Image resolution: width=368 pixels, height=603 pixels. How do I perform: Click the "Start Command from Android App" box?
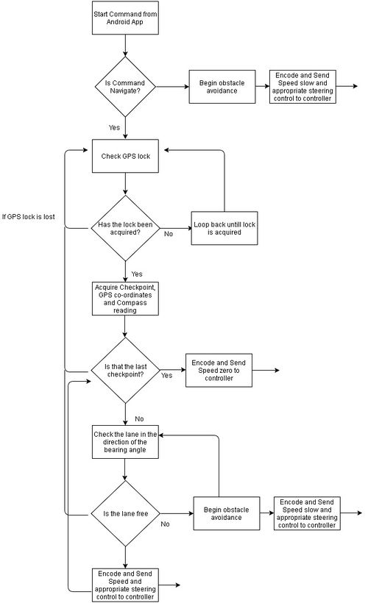[125, 18]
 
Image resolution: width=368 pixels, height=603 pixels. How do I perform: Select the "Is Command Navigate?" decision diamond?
[125, 87]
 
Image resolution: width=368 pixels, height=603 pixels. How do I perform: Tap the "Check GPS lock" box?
[125, 156]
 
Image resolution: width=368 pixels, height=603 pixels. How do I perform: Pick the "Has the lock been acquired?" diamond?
[125, 229]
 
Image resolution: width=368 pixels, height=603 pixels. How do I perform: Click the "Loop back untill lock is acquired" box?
[224, 229]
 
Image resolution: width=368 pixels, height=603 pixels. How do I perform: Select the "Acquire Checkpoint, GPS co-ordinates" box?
[125, 299]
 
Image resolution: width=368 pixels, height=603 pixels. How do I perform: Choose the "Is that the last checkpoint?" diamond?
[125, 371]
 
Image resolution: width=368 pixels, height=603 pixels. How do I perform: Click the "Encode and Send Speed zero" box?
[219, 371]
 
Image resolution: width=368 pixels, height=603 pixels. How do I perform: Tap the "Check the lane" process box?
[125, 442]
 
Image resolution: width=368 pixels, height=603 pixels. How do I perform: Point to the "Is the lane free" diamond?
[125, 513]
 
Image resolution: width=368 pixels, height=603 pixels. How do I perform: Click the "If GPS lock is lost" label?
[28, 216]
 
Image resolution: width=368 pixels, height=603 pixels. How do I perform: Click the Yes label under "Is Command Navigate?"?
[114, 127]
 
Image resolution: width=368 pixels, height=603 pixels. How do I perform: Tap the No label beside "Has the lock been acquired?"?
[169, 234]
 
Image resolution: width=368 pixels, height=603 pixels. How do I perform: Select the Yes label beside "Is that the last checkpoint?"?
[166, 375]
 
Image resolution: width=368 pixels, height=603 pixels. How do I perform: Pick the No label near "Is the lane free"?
[165, 524]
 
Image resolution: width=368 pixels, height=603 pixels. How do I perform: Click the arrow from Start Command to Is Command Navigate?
[125, 46]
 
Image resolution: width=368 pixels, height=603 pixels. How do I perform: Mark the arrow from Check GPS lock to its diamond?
[125, 184]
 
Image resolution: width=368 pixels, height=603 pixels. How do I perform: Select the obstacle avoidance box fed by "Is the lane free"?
[227, 513]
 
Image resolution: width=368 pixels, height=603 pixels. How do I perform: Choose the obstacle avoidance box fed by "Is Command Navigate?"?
[222, 87]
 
